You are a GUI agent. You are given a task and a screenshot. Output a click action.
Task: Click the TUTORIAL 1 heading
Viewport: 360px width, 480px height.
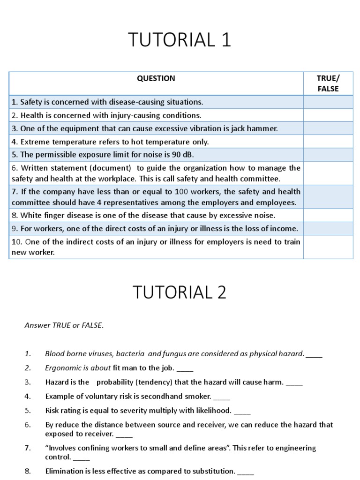tap(180, 41)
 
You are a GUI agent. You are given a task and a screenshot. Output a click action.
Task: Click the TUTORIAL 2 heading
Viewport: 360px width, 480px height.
tap(180, 292)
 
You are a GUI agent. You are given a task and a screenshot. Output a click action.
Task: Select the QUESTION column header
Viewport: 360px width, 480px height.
tap(156, 79)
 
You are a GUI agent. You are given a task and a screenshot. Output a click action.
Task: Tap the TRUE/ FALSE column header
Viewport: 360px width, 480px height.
tap(328, 83)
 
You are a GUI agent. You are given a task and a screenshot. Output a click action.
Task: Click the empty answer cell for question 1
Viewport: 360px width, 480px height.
tap(328, 102)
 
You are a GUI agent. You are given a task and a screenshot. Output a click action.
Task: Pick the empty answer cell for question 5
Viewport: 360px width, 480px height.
tap(328, 155)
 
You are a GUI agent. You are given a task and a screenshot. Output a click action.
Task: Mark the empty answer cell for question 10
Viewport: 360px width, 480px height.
tap(328, 247)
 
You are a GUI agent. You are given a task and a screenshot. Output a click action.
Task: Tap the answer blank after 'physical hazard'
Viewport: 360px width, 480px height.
tap(314, 354)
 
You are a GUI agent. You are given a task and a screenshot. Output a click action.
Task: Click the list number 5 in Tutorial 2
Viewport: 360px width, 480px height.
tap(28, 411)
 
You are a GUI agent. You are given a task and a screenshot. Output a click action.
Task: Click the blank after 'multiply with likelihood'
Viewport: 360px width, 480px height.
tap(242, 412)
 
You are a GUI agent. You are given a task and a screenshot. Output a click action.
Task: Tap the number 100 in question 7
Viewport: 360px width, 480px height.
tap(181, 192)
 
